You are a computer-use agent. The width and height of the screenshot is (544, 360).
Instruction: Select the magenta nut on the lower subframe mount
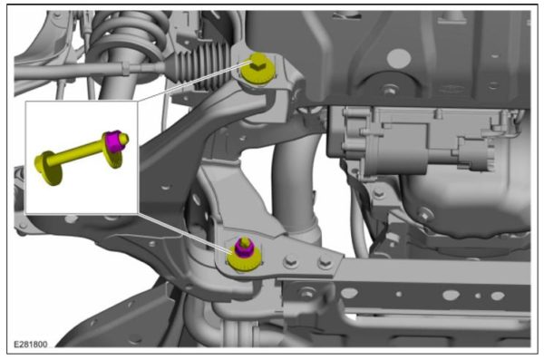243,246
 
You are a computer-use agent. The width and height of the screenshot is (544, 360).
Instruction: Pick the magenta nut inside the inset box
114,141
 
